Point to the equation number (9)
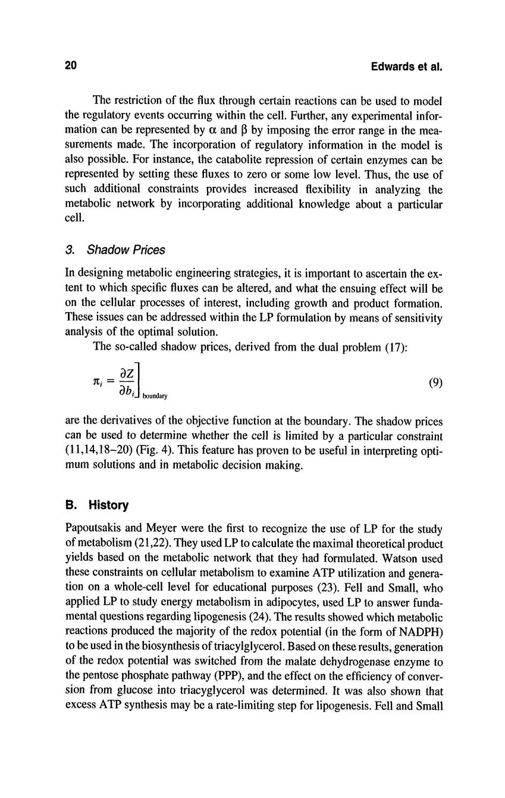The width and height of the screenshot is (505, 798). tap(435, 383)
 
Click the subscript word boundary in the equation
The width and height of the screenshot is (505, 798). tap(155, 395)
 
